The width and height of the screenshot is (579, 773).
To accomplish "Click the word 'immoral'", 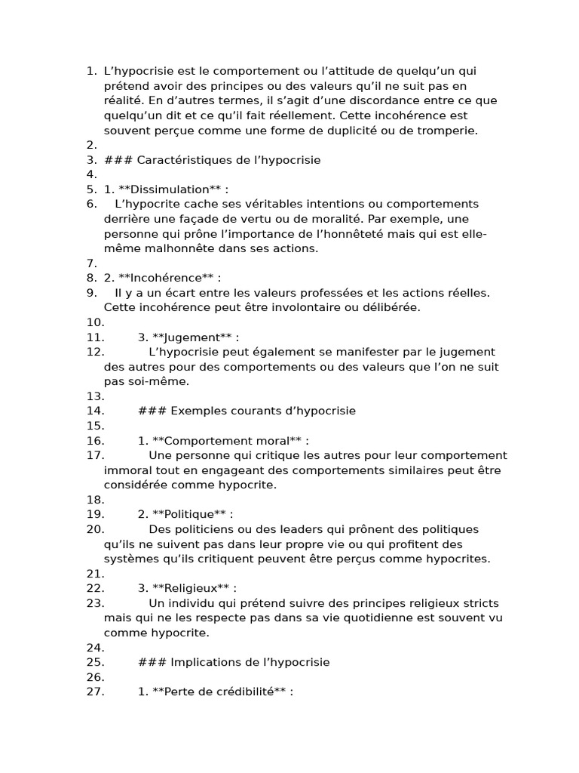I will [127, 470].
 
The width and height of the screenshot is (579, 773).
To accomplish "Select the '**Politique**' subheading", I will [189, 515].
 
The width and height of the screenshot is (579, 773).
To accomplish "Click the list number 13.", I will [95, 396].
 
